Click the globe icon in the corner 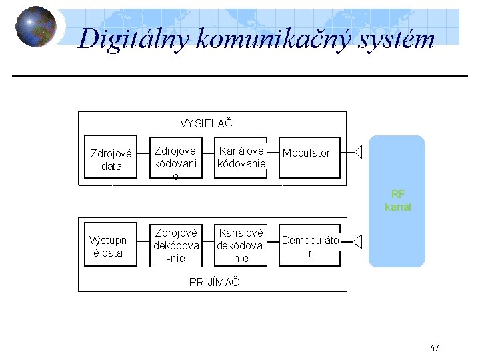click(x=35, y=27)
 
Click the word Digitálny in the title click(x=134, y=39)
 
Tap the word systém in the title click(x=399, y=39)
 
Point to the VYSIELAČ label click(x=206, y=123)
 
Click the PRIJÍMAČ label click(x=214, y=281)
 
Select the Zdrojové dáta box click(x=111, y=160)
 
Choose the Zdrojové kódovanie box click(x=175, y=159)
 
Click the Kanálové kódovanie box click(x=241, y=158)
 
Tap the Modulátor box click(x=306, y=153)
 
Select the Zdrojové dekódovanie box click(x=175, y=245)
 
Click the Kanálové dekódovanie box click(x=241, y=245)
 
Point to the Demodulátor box click(x=309, y=246)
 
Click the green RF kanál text click(x=398, y=200)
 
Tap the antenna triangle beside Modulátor click(x=357, y=153)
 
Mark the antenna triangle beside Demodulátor click(x=357, y=241)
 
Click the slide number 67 click(x=435, y=348)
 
